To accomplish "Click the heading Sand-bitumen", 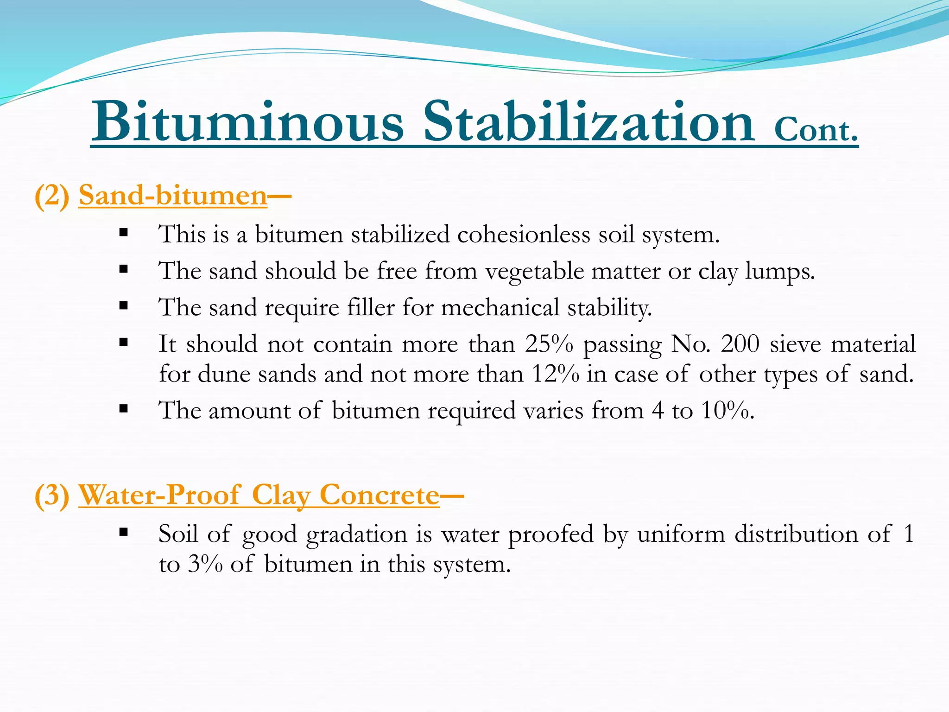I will tap(173, 196).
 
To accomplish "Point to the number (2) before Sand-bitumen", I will tap(52, 197).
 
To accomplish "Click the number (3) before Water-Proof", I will tap(52, 496).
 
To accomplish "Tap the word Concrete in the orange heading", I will tap(379, 495).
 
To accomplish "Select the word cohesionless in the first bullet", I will tap(524, 234).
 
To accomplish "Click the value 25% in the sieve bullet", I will tap(549, 344).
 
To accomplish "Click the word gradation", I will tap(356, 534).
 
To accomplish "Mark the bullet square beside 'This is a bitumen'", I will tap(123, 232).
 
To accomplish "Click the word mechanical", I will tap(500, 307).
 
